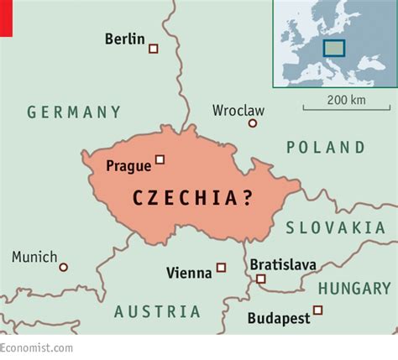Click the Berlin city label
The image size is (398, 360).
click(124, 39)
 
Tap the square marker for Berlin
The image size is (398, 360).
click(153, 49)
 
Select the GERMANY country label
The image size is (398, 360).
click(74, 112)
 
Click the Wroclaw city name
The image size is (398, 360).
click(238, 110)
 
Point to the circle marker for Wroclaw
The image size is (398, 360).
click(252, 123)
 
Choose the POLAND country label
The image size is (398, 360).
click(326, 148)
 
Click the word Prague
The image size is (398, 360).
click(128, 166)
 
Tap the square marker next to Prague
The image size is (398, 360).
click(160, 159)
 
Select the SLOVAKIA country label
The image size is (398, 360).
click(335, 227)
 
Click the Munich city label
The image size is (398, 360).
click(34, 258)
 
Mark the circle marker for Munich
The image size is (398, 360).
click(63, 267)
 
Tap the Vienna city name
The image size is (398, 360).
click(190, 272)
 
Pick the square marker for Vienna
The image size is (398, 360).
click(221, 268)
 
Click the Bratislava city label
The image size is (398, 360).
click(283, 265)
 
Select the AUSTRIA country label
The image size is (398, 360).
click(158, 311)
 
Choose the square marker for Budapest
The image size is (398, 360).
click(317, 310)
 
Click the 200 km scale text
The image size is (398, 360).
click(346, 100)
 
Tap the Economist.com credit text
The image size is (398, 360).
click(36, 347)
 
